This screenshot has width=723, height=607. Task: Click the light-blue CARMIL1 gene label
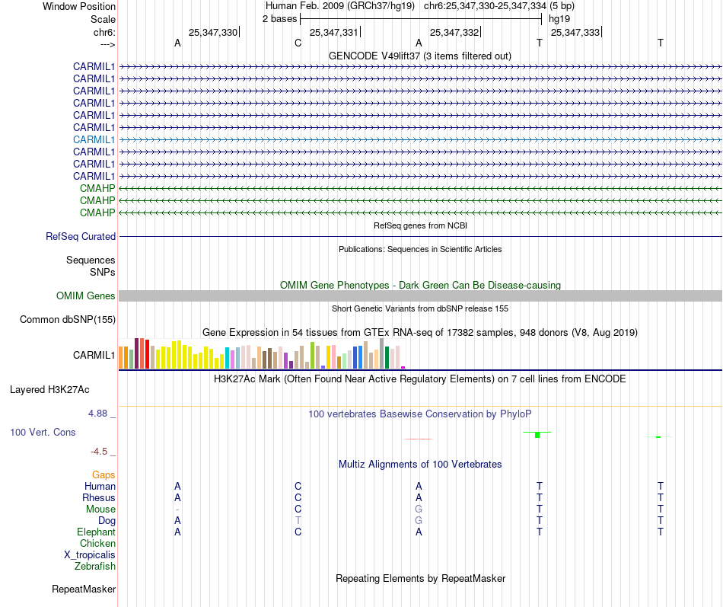click(x=94, y=139)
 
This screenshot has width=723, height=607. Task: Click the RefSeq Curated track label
click(x=81, y=236)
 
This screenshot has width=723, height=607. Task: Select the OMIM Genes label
click(x=86, y=296)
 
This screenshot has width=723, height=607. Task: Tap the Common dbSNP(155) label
click(x=67, y=319)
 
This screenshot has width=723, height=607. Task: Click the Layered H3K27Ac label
click(x=49, y=389)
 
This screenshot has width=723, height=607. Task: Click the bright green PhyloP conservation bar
click(x=537, y=434)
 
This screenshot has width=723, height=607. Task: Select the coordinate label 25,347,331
click(x=333, y=32)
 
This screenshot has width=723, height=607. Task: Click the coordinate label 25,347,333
click(x=575, y=32)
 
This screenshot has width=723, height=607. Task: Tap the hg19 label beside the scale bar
click(x=559, y=18)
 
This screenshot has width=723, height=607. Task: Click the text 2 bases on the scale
click(x=280, y=18)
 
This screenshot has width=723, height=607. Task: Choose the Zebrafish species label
click(x=95, y=566)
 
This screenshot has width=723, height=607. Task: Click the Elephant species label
click(x=96, y=532)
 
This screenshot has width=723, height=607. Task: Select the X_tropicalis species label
click(x=90, y=554)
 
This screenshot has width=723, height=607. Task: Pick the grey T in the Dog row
click(x=298, y=520)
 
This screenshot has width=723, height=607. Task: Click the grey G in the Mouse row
click(x=419, y=509)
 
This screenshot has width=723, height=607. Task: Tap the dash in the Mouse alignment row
click(x=177, y=509)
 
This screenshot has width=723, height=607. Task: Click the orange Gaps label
click(x=104, y=474)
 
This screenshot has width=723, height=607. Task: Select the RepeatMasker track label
click(x=84, y=589)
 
